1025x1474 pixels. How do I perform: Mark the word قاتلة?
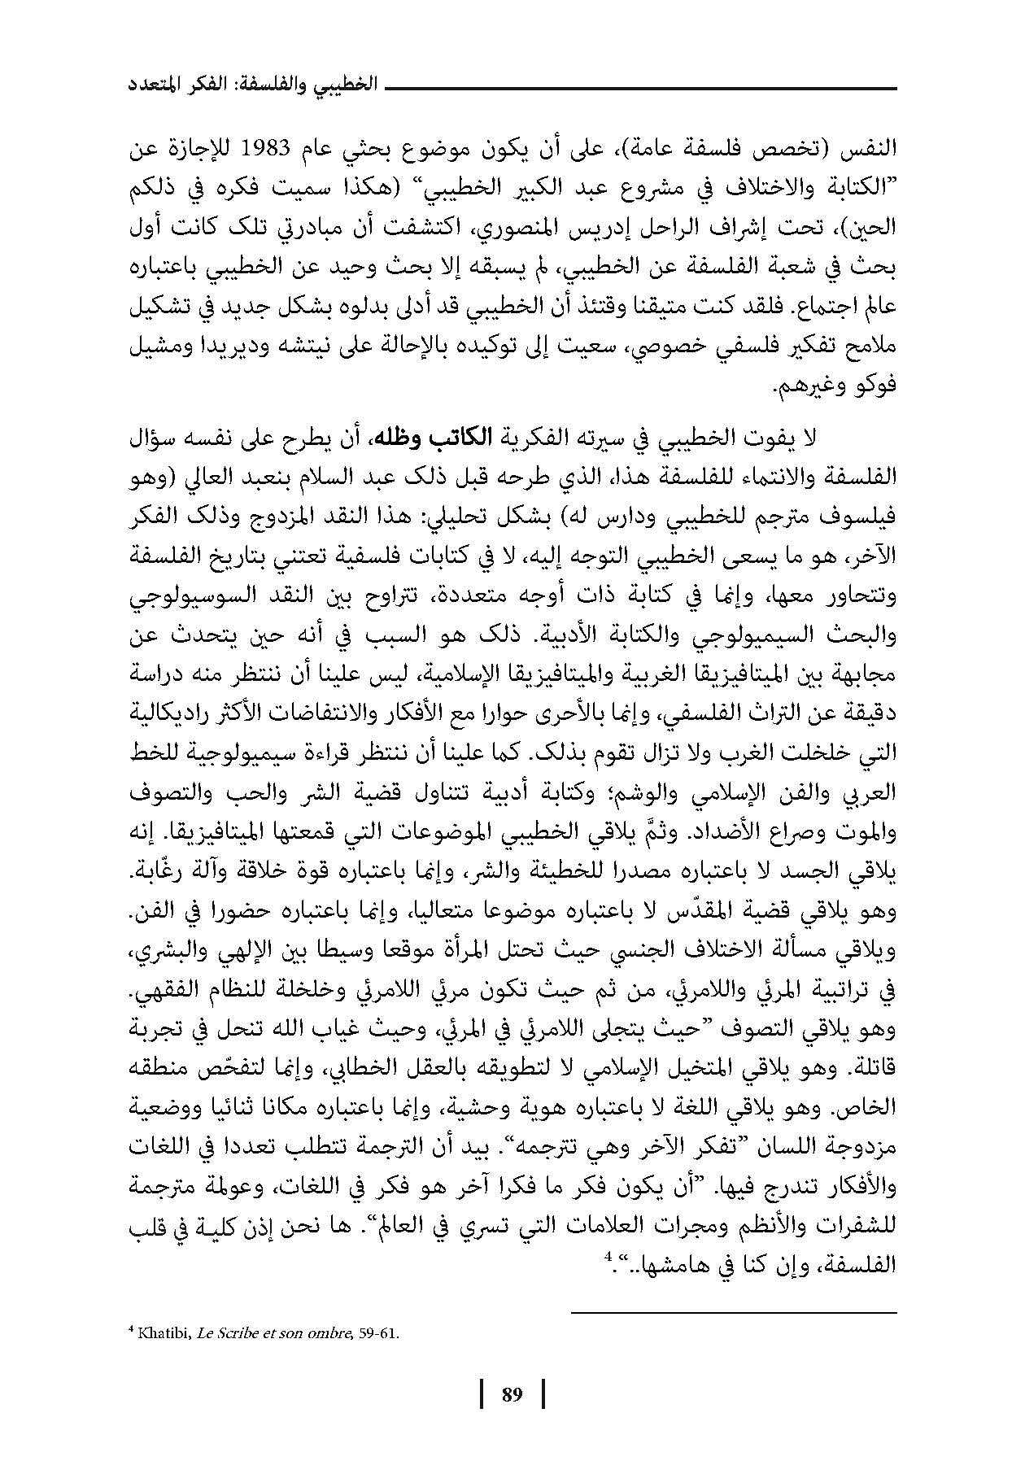pyautogui.click(x=874, y=1074)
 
